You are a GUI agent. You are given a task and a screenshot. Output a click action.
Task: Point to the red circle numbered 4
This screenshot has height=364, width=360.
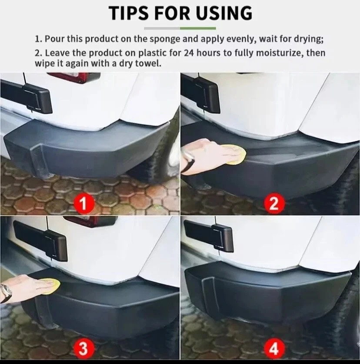point(273,348)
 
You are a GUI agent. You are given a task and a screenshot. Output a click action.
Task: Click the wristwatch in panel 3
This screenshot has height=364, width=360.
point(6,292)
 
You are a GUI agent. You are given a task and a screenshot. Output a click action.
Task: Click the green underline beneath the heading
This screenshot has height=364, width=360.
point(197,28)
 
